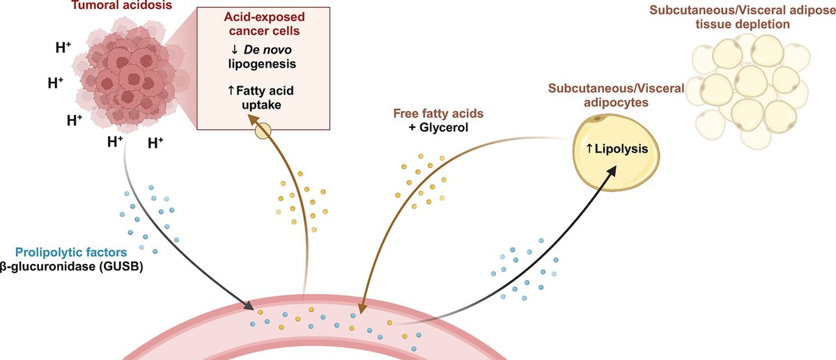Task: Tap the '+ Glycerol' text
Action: click(438, 130)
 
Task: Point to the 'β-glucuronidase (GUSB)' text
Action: click(72, 267)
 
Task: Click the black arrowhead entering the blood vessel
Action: click(248, 306)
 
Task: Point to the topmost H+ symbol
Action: click(63, 47)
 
